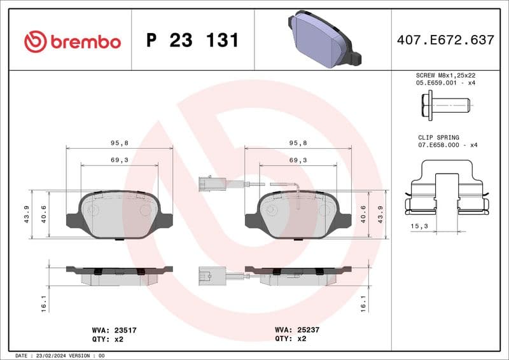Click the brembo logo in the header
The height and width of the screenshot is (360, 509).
click(72, 41)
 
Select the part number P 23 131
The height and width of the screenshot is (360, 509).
click(192, 41)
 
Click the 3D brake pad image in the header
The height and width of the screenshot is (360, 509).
click(324, 38)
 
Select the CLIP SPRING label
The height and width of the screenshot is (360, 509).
click(438, 137)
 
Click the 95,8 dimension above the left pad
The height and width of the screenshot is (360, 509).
click(120, 143)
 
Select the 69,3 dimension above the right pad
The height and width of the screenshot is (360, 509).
click(298, 160)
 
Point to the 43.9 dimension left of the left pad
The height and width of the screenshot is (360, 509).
click(26, 214)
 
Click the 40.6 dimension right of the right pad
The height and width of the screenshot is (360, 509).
click(363, 214)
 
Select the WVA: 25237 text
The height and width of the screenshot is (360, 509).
click(298, 330)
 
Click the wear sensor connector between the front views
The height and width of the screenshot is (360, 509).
click(209, 184)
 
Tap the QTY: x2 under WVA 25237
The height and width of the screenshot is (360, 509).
click(291, 339)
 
